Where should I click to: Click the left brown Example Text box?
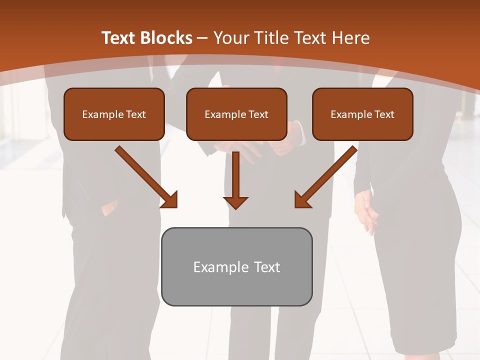114,114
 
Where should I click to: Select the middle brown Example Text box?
236,114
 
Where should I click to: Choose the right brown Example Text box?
362,114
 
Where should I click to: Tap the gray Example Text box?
236,266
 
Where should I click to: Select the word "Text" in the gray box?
267,267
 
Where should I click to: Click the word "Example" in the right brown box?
350,114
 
